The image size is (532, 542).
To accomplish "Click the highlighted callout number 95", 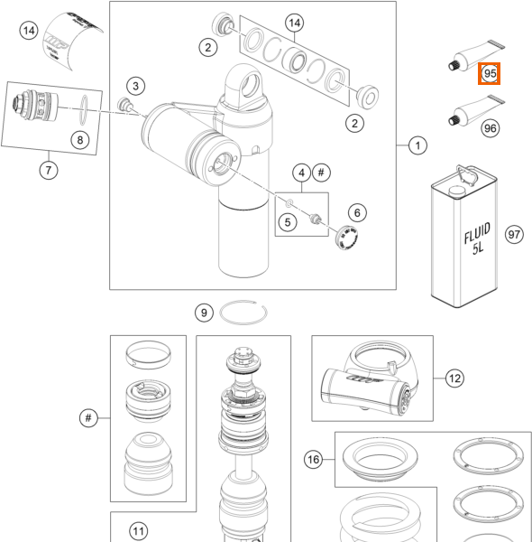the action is coord(490,73).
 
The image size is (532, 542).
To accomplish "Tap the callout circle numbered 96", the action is coord(491,128).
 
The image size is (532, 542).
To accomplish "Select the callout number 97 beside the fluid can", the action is coord(514,234).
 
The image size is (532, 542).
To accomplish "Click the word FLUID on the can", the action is coord(477,233).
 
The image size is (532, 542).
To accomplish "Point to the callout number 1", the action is coord(417,145).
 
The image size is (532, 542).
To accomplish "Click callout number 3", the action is coord(135,86).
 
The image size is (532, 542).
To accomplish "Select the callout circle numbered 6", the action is coord(357,212).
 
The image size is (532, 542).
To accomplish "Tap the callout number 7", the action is coord(49,170).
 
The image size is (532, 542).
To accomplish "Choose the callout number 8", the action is coord(80,140).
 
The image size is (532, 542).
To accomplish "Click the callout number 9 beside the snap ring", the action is coord(204,313).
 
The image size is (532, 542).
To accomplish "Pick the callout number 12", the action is coord(454,378).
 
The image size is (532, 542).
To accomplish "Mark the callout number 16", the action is coord(313,460).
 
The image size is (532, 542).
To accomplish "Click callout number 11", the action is coord(138,531).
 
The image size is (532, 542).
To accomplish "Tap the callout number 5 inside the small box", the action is coord(288,222).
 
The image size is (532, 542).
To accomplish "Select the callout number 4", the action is coord(301,173).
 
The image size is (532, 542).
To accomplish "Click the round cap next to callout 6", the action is coord(347,237).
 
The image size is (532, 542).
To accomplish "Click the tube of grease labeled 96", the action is coord(476,111).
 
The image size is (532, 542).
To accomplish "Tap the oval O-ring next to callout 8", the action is coord(84,110).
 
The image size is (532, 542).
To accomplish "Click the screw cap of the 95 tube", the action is coord(454,65).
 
